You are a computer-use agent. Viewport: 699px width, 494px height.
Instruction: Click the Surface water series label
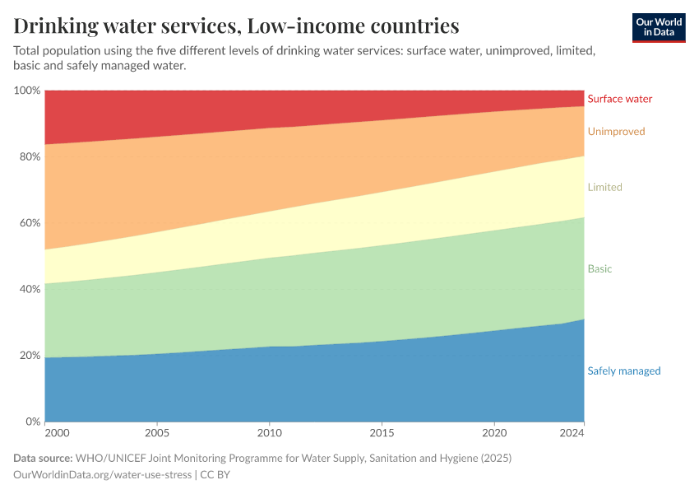tap(619, 99)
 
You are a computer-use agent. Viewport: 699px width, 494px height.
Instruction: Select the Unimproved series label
tap(616, 132)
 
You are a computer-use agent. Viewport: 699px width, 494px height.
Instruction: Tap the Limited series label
tap(604, 188)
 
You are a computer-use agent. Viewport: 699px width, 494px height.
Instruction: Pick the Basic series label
tap(599, 269)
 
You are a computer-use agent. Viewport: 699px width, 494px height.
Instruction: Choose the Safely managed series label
tap(623, 371)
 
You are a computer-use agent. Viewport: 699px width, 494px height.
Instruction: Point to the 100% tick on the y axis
tap(27, 91)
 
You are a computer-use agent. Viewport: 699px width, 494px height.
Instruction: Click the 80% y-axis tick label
tap(30, 156)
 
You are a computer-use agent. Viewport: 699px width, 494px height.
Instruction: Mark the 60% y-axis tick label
tap(30, 223)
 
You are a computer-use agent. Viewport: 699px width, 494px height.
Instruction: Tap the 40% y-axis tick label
tap(30, 289)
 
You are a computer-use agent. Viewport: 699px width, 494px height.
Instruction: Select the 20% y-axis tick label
tap(30, 356)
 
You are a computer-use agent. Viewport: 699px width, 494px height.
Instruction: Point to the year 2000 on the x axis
tap(57, 433)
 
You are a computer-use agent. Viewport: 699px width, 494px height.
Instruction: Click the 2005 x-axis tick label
tap(157, 433)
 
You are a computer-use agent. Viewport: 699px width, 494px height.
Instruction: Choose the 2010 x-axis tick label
tap(270, 433)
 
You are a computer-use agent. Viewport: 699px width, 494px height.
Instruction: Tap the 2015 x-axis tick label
tap(382, 433)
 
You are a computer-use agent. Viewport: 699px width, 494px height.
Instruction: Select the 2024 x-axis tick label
tap(572, 433)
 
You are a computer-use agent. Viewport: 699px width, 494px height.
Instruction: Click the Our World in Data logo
tap(658, 27)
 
